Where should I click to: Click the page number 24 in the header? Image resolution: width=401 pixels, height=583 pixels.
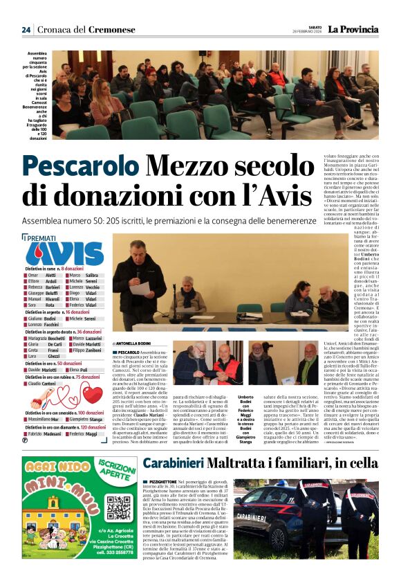coord(26,30)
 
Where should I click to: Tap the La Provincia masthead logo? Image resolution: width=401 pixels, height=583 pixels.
coord(353,29)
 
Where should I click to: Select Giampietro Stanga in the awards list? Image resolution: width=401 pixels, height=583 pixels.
coord(87,420)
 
